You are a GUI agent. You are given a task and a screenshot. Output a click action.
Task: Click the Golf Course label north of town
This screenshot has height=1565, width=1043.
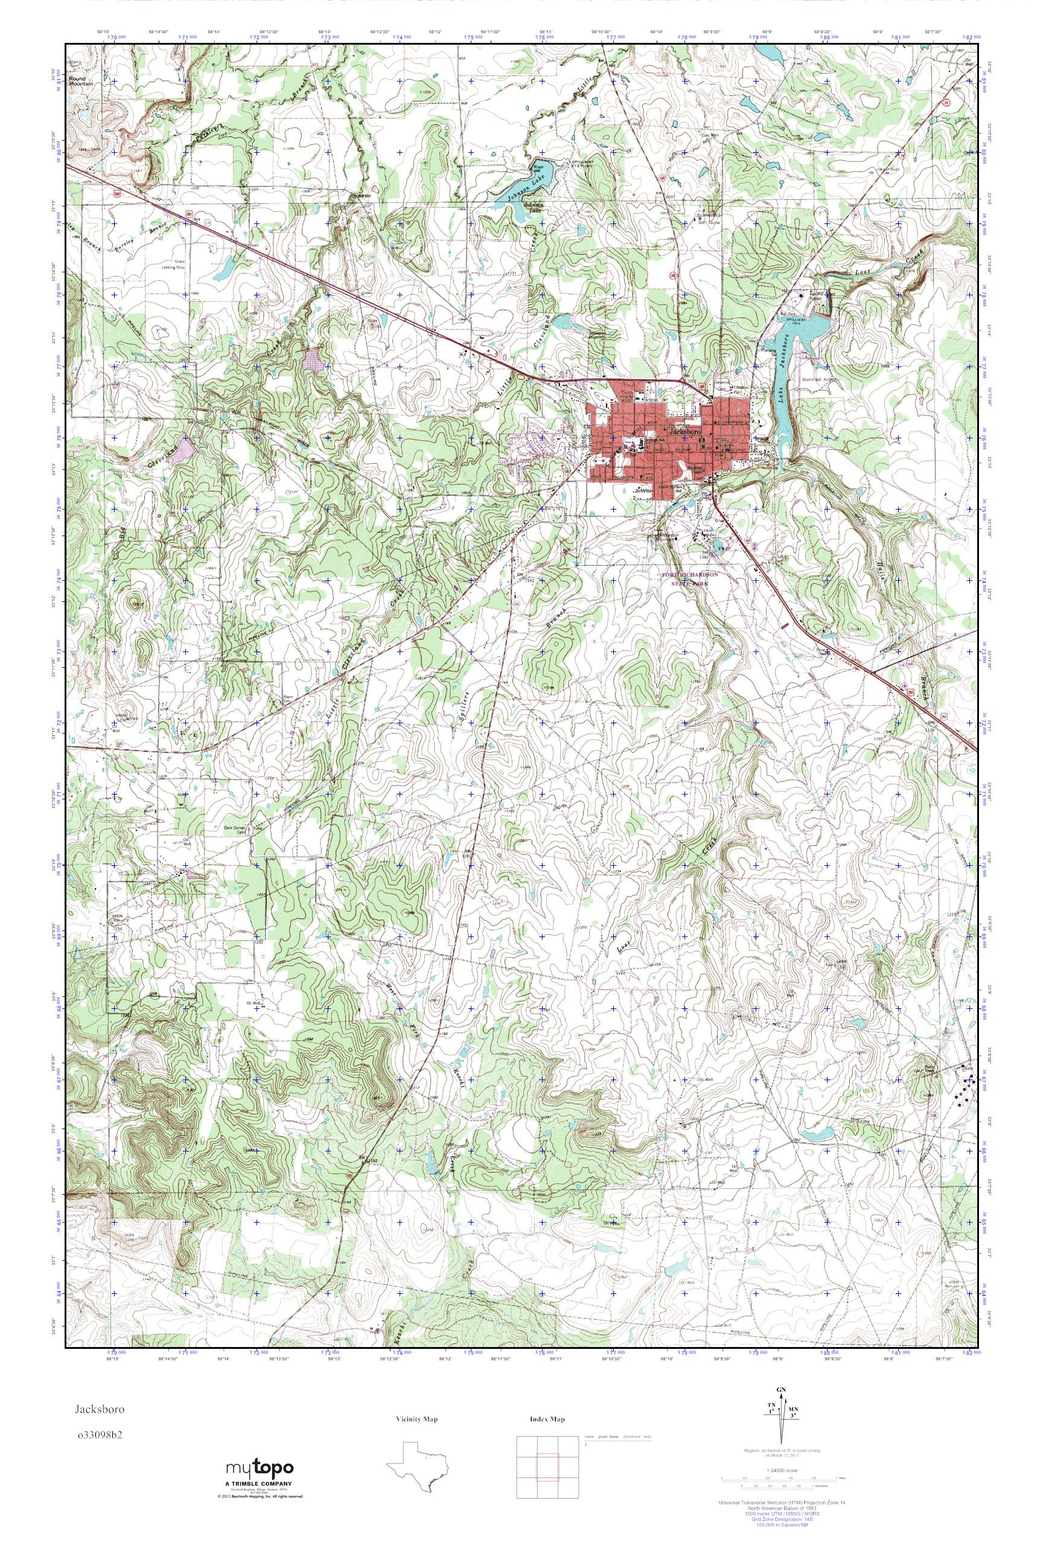[x=709, y=223]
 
